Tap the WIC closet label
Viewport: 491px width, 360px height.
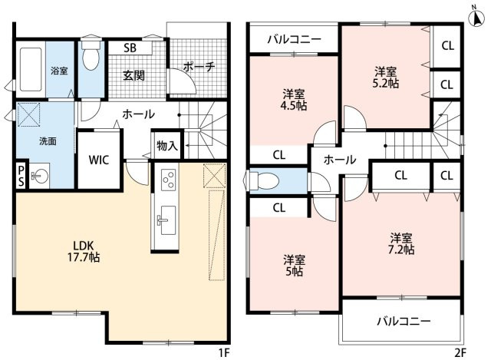click(x=98, y=161)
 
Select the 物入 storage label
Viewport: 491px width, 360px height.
click(x=166, y=144)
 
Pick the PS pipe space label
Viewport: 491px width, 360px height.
click(x=20, y=175)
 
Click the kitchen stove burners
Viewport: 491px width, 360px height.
click(x=168, y=183)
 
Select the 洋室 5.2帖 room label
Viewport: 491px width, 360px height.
click(x=384, y=78)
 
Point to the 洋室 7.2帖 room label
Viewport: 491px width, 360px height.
click(x=401, y=243)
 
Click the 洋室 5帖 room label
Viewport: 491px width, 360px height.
click(x=293, y=265)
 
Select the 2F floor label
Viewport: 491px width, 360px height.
click(x=459, y=352)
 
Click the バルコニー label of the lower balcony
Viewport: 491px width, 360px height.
click(x=403, y=321)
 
